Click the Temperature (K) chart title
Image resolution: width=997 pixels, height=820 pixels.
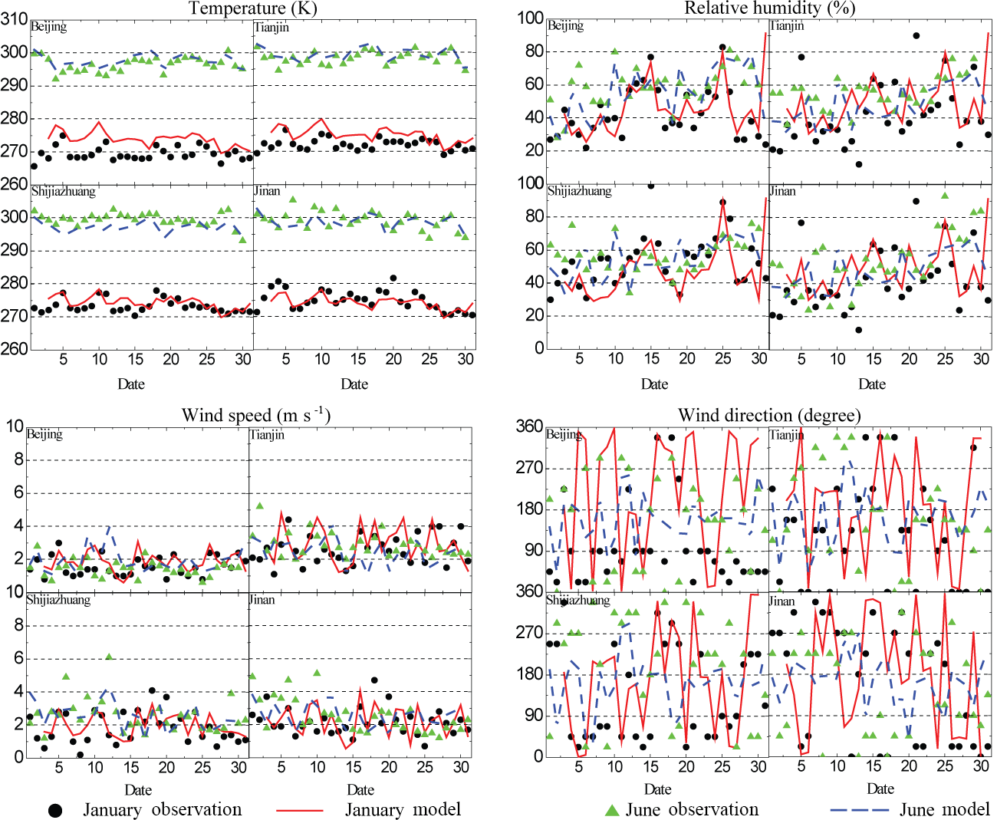coord(252,8)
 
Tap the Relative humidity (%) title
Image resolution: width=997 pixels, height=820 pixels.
coord(769,8)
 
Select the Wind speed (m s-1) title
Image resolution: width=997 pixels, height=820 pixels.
coord(255,416)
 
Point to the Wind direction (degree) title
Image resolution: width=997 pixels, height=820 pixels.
coord(769,416)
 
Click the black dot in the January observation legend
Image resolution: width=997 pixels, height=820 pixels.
coord(55,810)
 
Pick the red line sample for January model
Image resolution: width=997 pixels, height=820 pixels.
coord(299,810)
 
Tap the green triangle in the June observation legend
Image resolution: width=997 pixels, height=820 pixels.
coord(612,810)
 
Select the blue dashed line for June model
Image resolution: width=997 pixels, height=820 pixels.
coord(858,810)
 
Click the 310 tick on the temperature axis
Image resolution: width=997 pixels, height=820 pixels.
coord(14,19)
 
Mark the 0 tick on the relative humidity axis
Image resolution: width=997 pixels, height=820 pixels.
coord(539,348)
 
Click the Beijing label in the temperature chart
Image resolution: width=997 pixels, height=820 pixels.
coord(48,27)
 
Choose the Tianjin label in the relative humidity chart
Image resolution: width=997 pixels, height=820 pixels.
coord(787,26)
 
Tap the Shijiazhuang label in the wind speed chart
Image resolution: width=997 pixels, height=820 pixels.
coord(58,600)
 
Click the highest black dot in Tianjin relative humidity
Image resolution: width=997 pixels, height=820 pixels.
coord(916,35)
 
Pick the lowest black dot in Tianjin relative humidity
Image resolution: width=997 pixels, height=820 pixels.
coord(858,164)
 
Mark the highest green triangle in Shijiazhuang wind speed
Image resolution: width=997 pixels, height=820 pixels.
coord(109,657)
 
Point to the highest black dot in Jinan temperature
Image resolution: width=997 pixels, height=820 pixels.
coord(393,278)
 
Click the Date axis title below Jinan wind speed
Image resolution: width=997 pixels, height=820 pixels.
coord(360,790)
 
